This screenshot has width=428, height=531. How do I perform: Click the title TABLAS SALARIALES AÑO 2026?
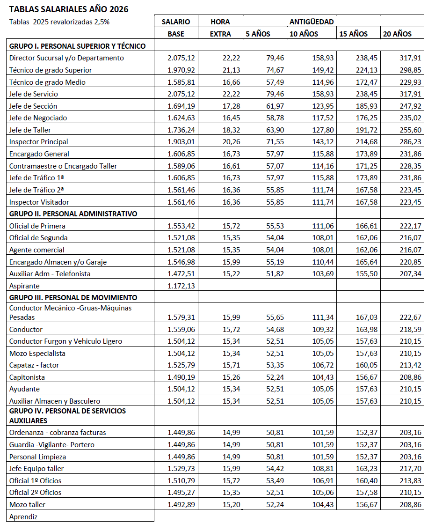69,9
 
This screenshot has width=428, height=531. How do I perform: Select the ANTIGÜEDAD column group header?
312,22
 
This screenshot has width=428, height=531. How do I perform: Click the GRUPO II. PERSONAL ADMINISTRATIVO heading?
73,214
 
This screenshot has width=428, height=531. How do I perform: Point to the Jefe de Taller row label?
30,130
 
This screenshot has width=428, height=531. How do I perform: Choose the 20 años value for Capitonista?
412,377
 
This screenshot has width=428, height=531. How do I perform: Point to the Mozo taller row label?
27,504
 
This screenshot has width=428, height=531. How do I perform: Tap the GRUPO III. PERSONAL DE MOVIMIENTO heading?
73,297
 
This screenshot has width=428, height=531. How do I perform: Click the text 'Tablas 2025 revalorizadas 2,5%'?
59,22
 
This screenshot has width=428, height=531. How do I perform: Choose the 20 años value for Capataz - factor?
412,365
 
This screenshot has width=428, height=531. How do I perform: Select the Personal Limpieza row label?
37,457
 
